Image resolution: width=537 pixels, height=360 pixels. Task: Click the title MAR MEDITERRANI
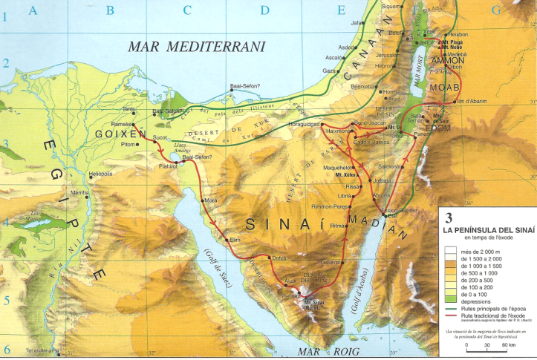197,46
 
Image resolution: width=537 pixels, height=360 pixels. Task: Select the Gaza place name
329,71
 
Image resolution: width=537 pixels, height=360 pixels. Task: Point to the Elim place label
235,240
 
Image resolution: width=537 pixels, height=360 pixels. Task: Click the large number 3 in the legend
449,218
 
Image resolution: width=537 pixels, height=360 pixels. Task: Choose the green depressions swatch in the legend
452,302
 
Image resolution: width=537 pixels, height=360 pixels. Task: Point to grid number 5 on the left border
5,300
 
